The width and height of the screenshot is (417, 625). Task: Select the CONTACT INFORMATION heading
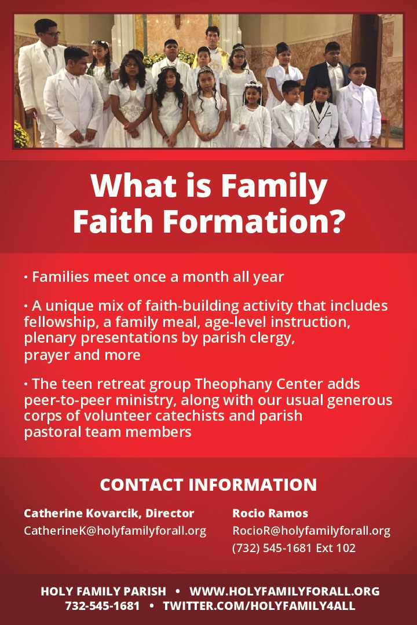(x=209, y=485)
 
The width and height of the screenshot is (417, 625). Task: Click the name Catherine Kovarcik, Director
(x=109, y=513)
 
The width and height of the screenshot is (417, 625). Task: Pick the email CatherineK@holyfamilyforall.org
(x=115, y=531)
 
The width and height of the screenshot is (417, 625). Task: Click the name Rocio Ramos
(x=270, y=513)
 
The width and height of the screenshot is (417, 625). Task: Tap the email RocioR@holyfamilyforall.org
(x=311, y=531)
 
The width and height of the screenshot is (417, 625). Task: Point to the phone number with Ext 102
(x=294, y=548)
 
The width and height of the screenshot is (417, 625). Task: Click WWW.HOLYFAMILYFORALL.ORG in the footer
(x=284, y=591)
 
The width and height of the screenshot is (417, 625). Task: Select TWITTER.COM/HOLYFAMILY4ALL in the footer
(x=259, y=606)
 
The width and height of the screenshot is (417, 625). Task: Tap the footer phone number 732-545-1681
(x=102, y=606)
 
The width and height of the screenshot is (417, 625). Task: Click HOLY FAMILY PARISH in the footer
(x=103, y=591)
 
